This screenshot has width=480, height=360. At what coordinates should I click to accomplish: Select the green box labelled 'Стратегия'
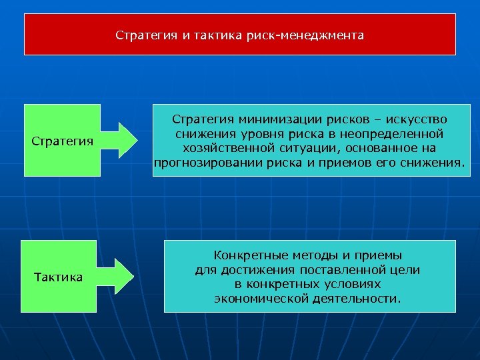click(x=62, y=141)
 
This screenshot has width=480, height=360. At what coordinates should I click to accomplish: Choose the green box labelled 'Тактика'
click(x=59, y=277)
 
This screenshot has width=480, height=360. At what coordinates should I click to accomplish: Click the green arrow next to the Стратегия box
click(x=126, y=140)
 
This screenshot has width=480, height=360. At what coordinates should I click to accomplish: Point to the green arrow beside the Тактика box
click(x=126, y=276)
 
